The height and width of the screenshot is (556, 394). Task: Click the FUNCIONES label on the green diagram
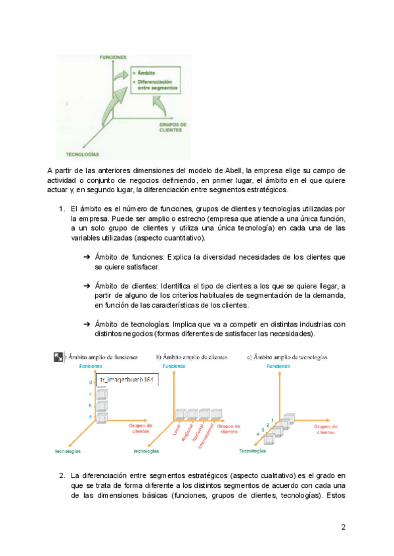[113, 58]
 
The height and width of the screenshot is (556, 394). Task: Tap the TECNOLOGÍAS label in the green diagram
[82, 153]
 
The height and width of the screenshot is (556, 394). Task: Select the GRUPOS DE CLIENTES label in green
[173, 127]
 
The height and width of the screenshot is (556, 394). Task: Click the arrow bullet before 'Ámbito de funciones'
[87, 257]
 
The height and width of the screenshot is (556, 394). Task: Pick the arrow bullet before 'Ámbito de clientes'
[87, 286]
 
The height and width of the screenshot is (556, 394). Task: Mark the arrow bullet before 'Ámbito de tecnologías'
[87, 324]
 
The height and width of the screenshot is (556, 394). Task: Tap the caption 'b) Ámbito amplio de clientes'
[192, 357]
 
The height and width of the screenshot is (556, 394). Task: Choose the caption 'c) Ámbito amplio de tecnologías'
[287, 357]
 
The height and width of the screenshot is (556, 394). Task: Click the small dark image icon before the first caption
[58, 357]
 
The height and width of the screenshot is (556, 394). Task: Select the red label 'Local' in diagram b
[176, 430]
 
